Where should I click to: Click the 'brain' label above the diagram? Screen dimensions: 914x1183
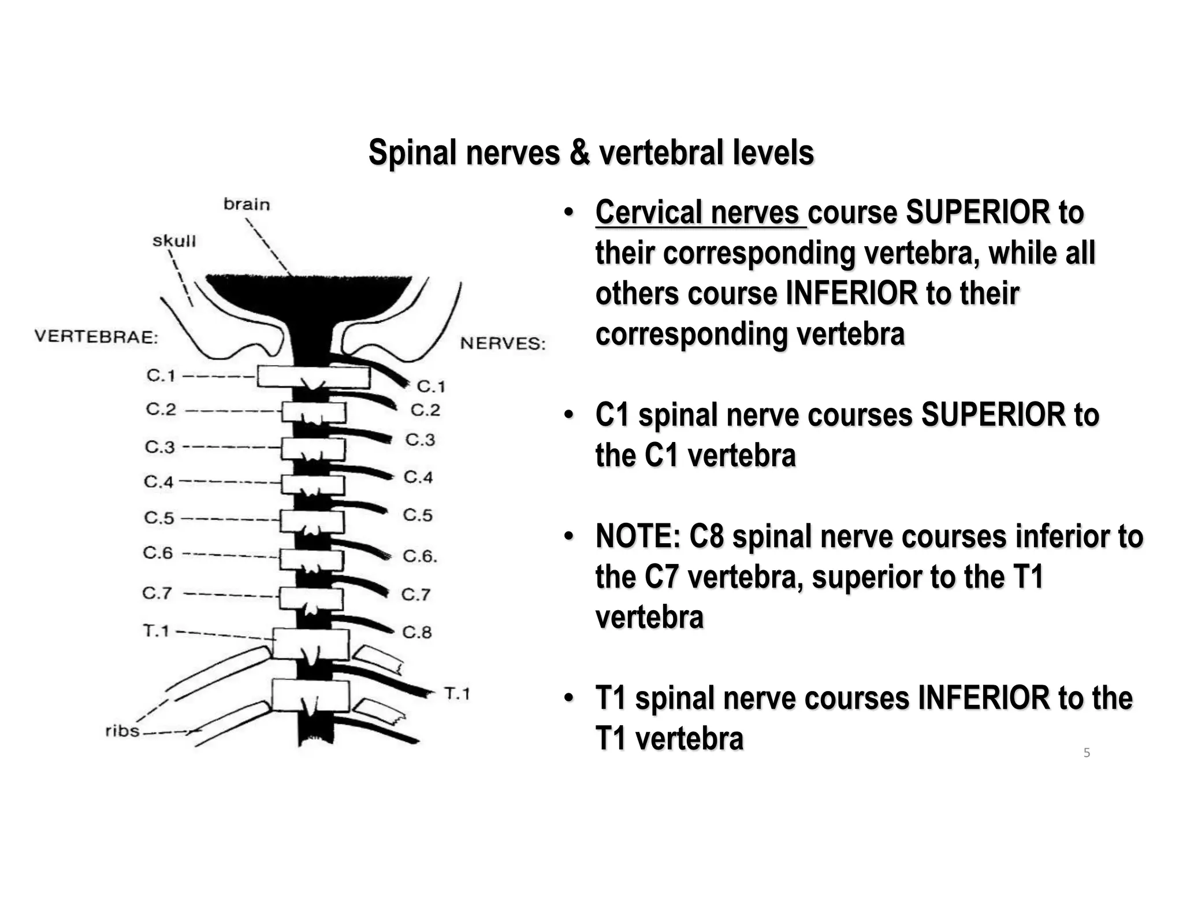point(247,205)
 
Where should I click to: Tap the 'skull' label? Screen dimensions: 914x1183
point(174,241)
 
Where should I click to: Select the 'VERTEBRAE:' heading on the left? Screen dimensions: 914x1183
point(96,337)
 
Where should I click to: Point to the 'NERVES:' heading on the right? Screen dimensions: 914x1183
point(503,344)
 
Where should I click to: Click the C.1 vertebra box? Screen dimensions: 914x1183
point(313,377)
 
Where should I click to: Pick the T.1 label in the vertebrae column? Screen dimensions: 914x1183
point(156,631)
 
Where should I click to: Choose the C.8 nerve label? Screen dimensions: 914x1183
point(417,632)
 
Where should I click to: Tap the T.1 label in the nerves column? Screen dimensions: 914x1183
point(457,693)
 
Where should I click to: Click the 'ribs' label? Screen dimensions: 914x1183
point(122,731)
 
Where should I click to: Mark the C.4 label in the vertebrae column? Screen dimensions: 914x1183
point(158,481)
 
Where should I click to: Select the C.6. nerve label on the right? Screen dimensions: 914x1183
point(420,556)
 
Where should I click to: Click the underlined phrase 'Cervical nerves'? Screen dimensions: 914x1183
point(697,213)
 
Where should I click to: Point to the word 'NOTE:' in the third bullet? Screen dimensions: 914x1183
point(638,536)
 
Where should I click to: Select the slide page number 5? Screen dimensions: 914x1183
point(1087,753)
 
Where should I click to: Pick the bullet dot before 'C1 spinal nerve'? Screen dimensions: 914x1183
point(569,415)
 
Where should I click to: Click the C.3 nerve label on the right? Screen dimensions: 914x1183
point(420,440)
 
